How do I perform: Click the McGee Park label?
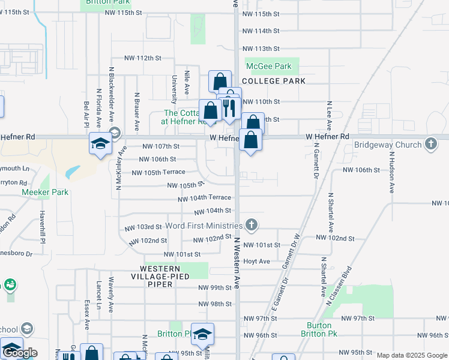pyautogui.click(x=268, y=67)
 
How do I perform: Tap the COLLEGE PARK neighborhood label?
pyautogui.click(x=274, y=81)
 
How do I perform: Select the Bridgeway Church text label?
pyautogui.click(x=388, y=145)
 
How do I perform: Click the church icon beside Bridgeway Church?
pyautogui.click(x=430, y=144)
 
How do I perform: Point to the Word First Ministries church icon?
pyautogui.click(x=252, y=225)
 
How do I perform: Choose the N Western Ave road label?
pyautogui.click(x=237, y=263)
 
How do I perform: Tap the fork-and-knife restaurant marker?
pyautogui.click(x=230, y=109)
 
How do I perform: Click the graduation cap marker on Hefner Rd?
pyautogui.click(x=100, y=143)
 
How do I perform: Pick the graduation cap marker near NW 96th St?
pyautogui.click(x=203, y=335)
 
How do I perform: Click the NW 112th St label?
pyautogui.click(x=143, y=58)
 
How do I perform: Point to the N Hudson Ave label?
pyautogui.click(x=392, y=171)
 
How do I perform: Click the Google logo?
pyautogui.click(x=20, y=353)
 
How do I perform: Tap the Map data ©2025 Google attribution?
pyautogui.click(x=412, y=356)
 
